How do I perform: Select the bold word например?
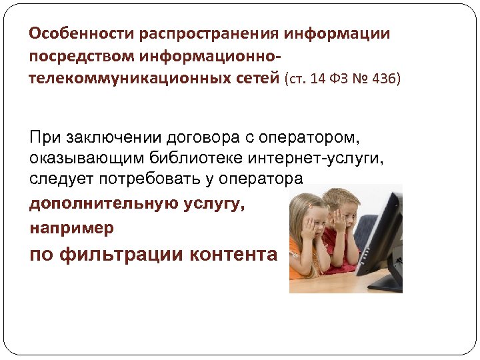tap(71, 227)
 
